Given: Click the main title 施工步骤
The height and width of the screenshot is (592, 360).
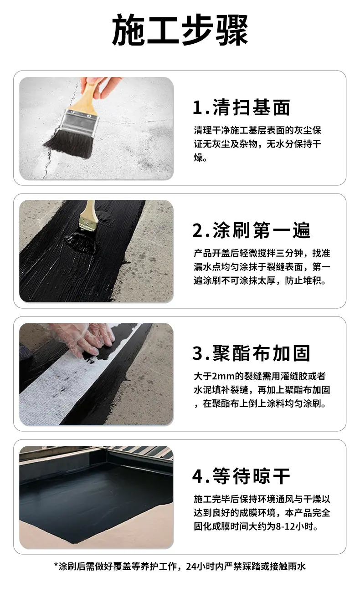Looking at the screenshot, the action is (x=180, y=30).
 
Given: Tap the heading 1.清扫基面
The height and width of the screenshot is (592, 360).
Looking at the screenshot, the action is (x=241, y=107).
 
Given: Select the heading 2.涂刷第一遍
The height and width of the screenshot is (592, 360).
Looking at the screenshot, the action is (x=251, y=230).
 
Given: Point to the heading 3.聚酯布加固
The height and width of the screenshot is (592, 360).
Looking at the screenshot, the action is (x=251, y=353).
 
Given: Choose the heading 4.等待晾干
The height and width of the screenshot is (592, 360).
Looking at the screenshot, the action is (x=241, y=476).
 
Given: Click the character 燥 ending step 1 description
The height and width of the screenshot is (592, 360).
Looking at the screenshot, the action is (x=198, y=158).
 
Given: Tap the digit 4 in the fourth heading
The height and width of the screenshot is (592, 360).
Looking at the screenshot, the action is (x=197, y=476).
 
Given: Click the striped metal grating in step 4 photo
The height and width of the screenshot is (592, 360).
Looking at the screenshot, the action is (x=143, y=451).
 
